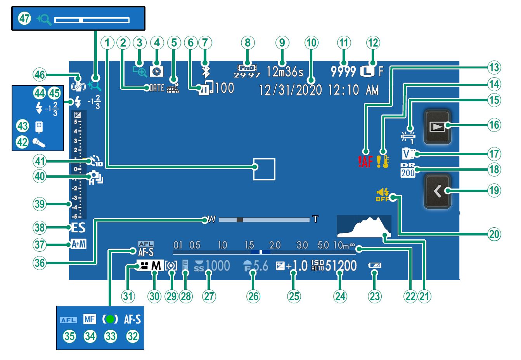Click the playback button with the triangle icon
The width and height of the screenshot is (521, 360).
coord(438,126)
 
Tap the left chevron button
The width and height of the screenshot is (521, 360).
coord(438,191)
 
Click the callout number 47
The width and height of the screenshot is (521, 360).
coord(24,18)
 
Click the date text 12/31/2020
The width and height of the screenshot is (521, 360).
coord(290,90)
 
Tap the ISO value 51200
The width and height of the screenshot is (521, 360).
coord(341,266)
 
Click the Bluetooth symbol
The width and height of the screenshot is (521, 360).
coord(205,71)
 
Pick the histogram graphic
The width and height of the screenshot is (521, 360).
coord(364,227)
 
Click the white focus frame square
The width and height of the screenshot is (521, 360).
coord(264,169)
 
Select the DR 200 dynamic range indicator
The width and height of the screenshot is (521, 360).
coord(408,170)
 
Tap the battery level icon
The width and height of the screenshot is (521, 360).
coord(375,266)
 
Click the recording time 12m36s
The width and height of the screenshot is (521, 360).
coord(285,72)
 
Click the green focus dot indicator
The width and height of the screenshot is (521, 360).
coord(111,319)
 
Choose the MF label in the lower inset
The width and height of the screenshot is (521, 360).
coord(90,319)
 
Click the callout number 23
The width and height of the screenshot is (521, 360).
coord(374,296)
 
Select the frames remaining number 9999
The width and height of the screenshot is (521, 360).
coord(343,71)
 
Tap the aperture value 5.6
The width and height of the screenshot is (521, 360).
coord(261,266)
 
